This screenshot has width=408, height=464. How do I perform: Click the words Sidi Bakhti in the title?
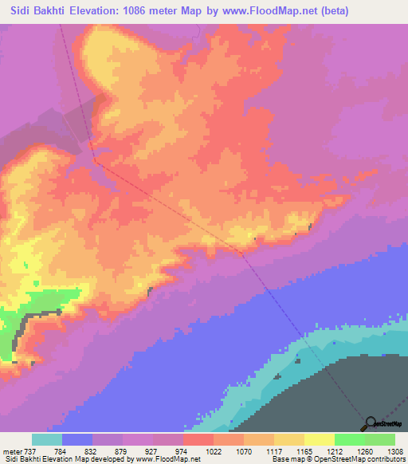39,11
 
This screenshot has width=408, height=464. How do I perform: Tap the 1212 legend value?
335,450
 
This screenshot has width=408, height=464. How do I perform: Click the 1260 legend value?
366,450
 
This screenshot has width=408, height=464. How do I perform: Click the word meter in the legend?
10,450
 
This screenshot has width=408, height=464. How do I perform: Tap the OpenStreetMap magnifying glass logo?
371,423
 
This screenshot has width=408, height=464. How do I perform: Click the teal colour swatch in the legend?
47,439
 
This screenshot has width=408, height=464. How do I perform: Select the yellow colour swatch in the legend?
319,439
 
